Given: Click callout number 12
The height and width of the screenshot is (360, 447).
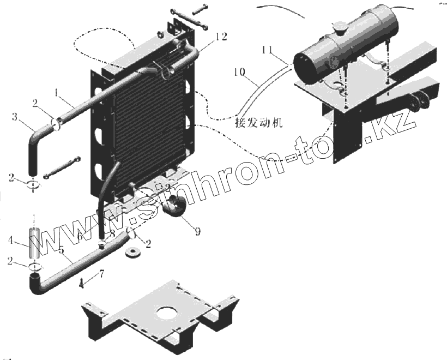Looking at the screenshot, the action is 221,37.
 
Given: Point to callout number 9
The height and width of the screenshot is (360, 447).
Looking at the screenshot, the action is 197,232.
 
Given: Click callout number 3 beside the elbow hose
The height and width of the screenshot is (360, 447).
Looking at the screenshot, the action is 15,117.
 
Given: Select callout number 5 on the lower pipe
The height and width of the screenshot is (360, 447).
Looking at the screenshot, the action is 62,251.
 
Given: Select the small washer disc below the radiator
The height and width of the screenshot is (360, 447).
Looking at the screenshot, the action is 132,254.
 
